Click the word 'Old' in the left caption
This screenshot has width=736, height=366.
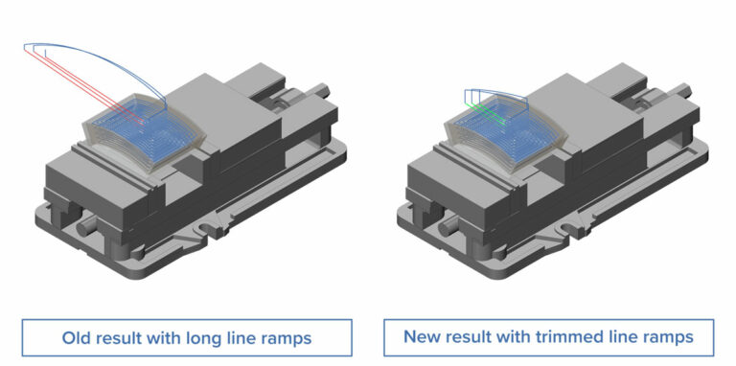click(74, 338)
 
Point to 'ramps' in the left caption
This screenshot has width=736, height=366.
click(290, 339)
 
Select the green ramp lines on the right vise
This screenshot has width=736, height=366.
click(488, 113)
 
